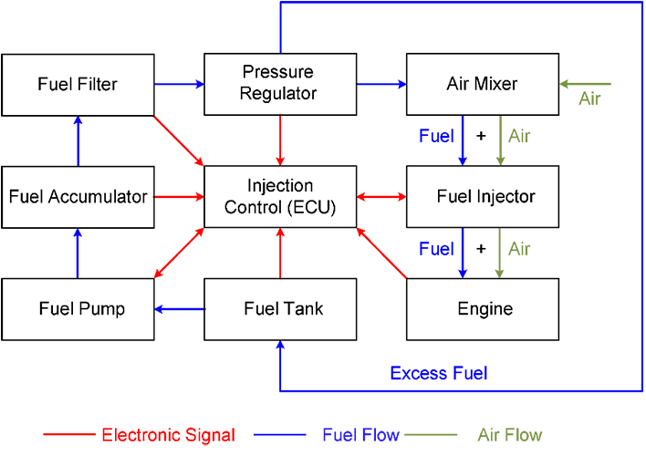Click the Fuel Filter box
(x=78, y=85)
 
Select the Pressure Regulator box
(x=279, y=84)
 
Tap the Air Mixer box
(x=482, y=84)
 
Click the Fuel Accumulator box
(x=78, y=197)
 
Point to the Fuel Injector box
(x=482, y=197)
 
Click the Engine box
(x=482, y=309)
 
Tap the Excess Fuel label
(x=438, y=373)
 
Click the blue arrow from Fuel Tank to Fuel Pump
(x=179, y=309)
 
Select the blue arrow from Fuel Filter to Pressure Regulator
(x=179, y=85)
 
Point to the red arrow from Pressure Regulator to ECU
(x=280, y=140)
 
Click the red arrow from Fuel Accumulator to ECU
(x=179, y=197)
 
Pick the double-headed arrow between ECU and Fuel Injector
(x=380, y=197)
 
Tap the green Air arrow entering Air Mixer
(x=585, y=85)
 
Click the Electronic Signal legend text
(x=168, y=435)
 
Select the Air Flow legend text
(x=509, y=435)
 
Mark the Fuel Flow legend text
(x=360, y=435)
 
